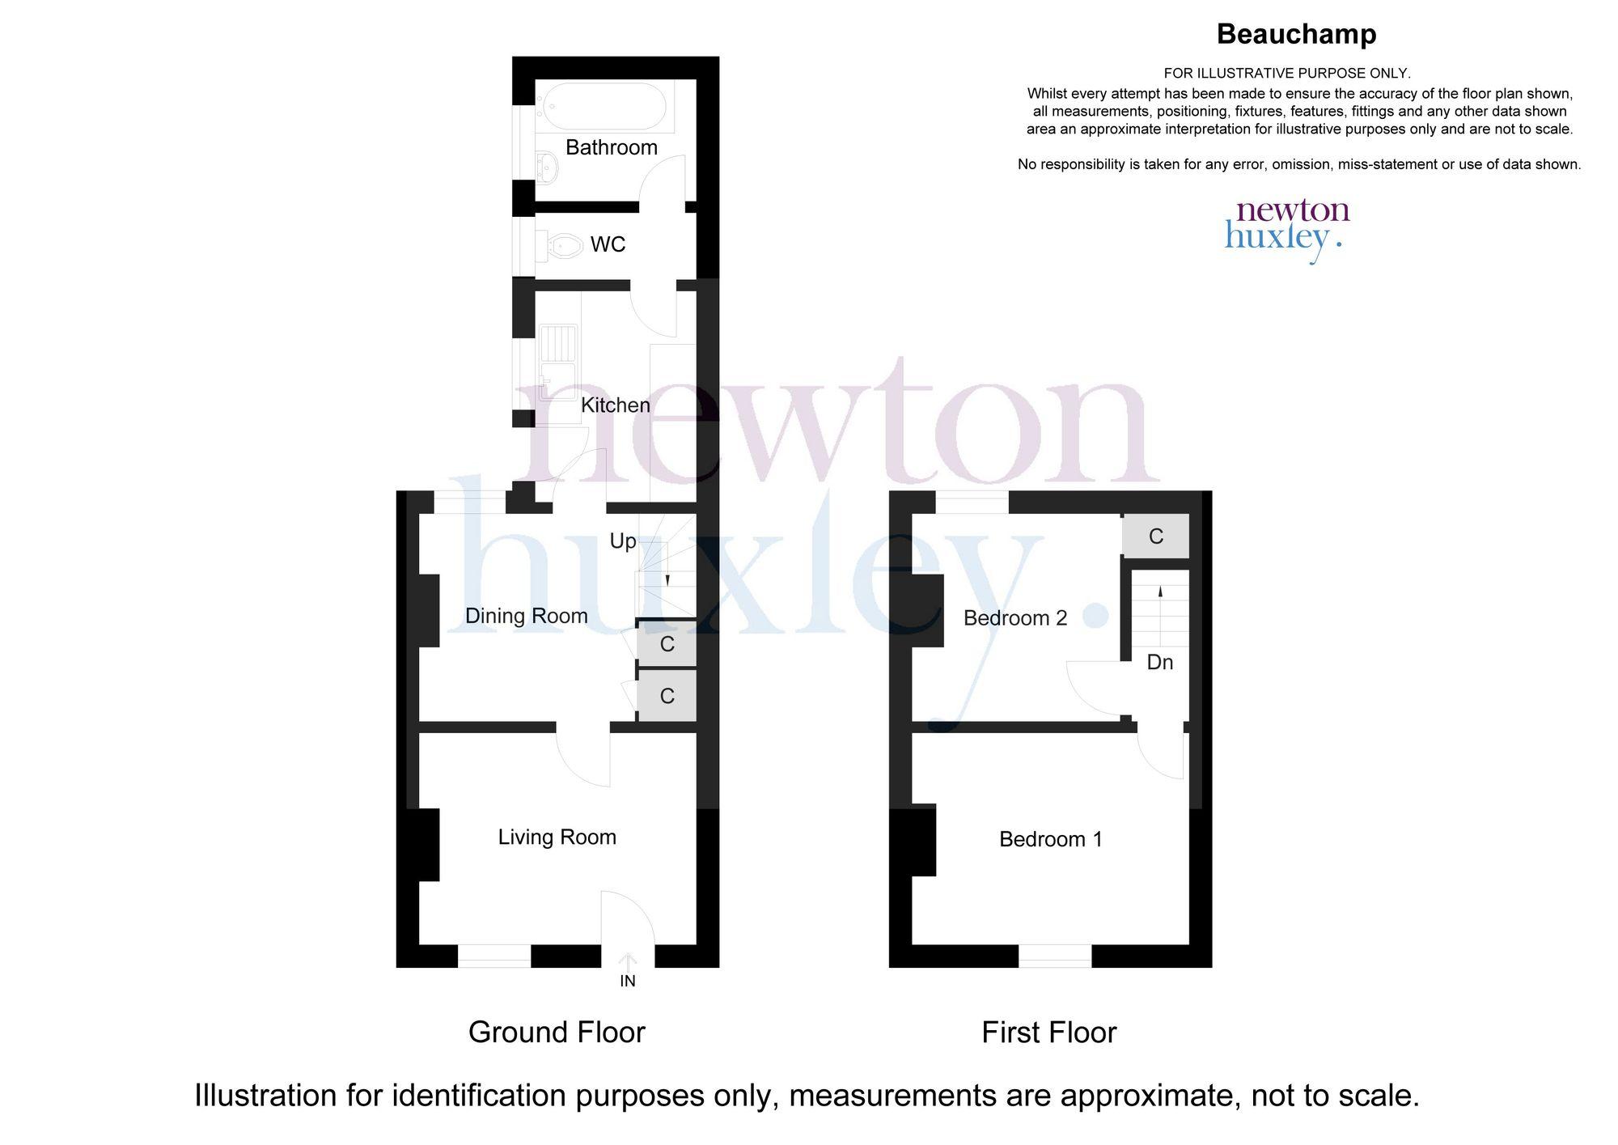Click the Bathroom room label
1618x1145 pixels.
point(611,147)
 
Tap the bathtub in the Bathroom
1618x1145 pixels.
point(604,107)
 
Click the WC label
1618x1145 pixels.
point(608,244)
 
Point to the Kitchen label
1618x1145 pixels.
point(615,405)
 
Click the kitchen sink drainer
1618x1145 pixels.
point(558,344)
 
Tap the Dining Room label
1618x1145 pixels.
point(527,616)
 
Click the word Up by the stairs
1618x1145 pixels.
point(623,541)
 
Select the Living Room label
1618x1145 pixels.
point(557,837)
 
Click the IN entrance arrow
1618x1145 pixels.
point(628,962)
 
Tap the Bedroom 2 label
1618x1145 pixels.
point(1015,618)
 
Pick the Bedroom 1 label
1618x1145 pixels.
point(1051,839)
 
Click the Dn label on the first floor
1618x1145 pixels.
point(1160,663)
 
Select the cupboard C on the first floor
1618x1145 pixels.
point(1156,536)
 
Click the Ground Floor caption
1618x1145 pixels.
point(557,1033)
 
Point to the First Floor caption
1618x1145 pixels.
point(1049,1033)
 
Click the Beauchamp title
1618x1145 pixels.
point(1296,34)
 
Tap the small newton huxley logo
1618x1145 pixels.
point(1287,231)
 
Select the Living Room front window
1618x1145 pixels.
point(494,956)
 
